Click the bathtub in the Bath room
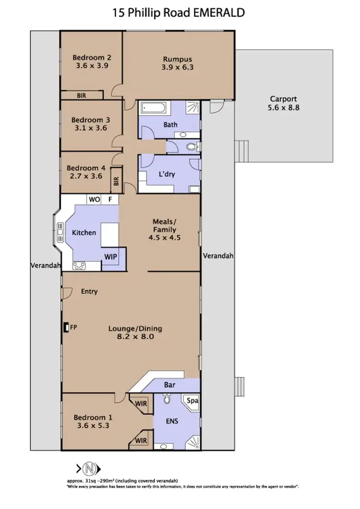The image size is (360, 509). tap(153, 108)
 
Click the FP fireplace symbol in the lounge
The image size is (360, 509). tap(66, 328)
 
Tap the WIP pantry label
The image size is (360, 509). tap(110, 256)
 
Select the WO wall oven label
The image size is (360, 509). tap(93, 199)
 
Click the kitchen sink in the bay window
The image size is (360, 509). tap(60, 233)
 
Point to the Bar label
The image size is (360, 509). tap(168, 385)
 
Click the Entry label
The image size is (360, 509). tap(89, 291)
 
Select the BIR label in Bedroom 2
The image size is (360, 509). tap(81, 95)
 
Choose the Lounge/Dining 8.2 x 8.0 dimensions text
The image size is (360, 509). tap(135, 337)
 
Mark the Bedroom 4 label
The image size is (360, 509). tap(85, 168)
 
